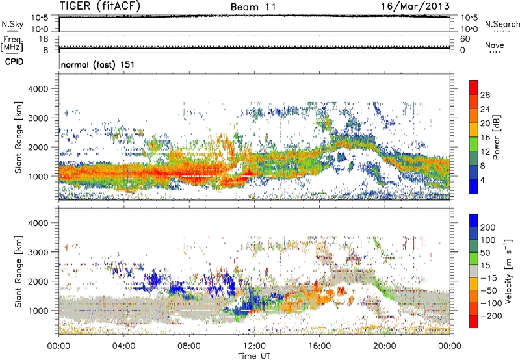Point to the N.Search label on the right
click(502, 24)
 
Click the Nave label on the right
click(494, 45)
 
